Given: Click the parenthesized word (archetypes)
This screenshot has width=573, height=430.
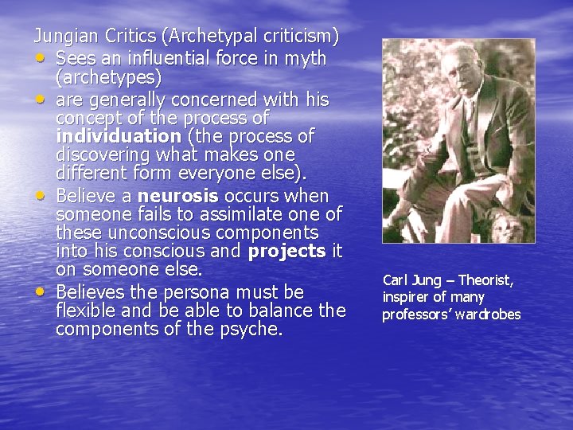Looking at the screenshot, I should coord(108,78).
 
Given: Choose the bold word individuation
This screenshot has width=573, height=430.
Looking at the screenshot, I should coord(119,135).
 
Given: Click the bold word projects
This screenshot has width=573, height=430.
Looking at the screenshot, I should coord(287,252).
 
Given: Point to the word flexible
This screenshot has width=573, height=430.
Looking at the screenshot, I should coord(88,310).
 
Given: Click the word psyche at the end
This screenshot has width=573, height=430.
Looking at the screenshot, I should coord(251,329).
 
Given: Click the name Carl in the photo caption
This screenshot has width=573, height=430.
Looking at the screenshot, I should coord(394,280).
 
